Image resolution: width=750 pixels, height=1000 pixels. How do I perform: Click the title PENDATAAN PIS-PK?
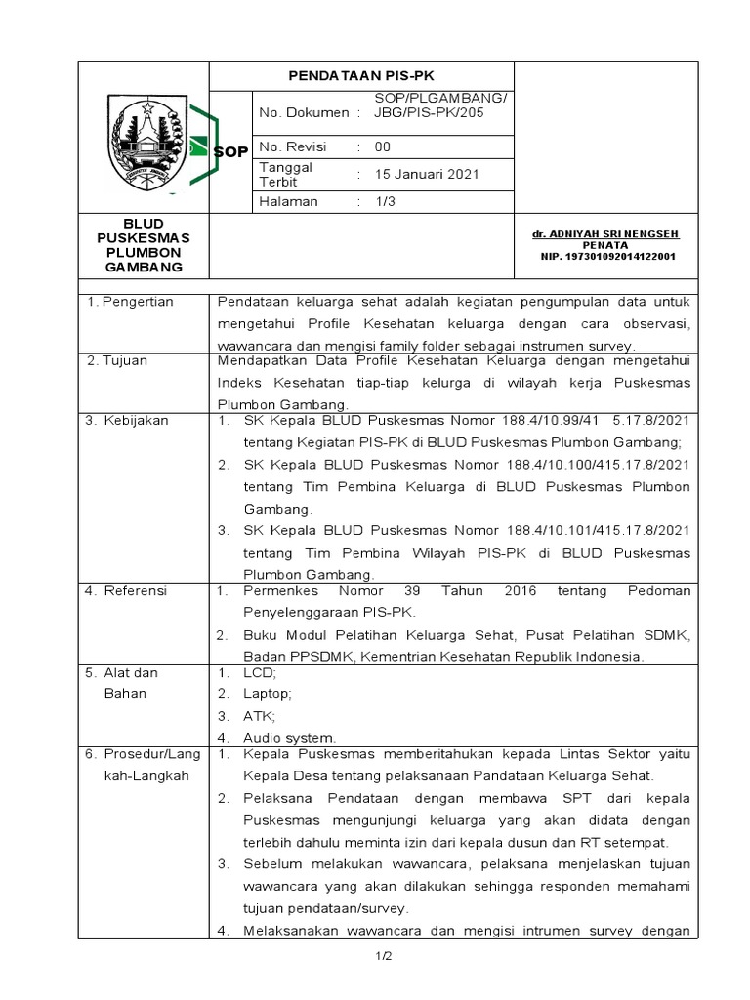[x=361, y=75]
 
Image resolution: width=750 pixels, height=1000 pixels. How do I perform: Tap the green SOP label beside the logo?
[x=230, y=151]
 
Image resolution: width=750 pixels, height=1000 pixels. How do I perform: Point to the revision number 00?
[x=383, y=147]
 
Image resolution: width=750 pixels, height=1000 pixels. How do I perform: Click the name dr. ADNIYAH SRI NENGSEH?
[x=605, y=235]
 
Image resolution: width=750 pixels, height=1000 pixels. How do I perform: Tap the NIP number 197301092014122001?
[x=606, y=257]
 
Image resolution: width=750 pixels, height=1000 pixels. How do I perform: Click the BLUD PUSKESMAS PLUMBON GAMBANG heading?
[x=145, y=245]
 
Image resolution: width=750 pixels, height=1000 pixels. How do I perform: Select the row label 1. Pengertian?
[x=130, y=302]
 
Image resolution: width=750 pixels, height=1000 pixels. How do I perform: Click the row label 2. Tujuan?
[x=117, y=360]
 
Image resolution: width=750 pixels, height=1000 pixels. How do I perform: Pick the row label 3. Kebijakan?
[x=126, y=421]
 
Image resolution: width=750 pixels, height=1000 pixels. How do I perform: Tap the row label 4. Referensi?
[x=126, y=591]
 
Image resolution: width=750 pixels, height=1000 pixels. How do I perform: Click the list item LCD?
[x=260, y=674]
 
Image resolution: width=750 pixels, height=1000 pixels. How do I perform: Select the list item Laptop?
[x=267, y=694]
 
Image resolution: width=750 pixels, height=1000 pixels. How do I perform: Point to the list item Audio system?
[x=289, y=737]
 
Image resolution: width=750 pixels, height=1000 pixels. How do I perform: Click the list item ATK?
[x=260, y=716]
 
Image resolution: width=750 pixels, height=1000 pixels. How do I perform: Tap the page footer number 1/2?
[x=382, y=956]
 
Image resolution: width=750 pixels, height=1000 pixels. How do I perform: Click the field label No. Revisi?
[x=293, y=147]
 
